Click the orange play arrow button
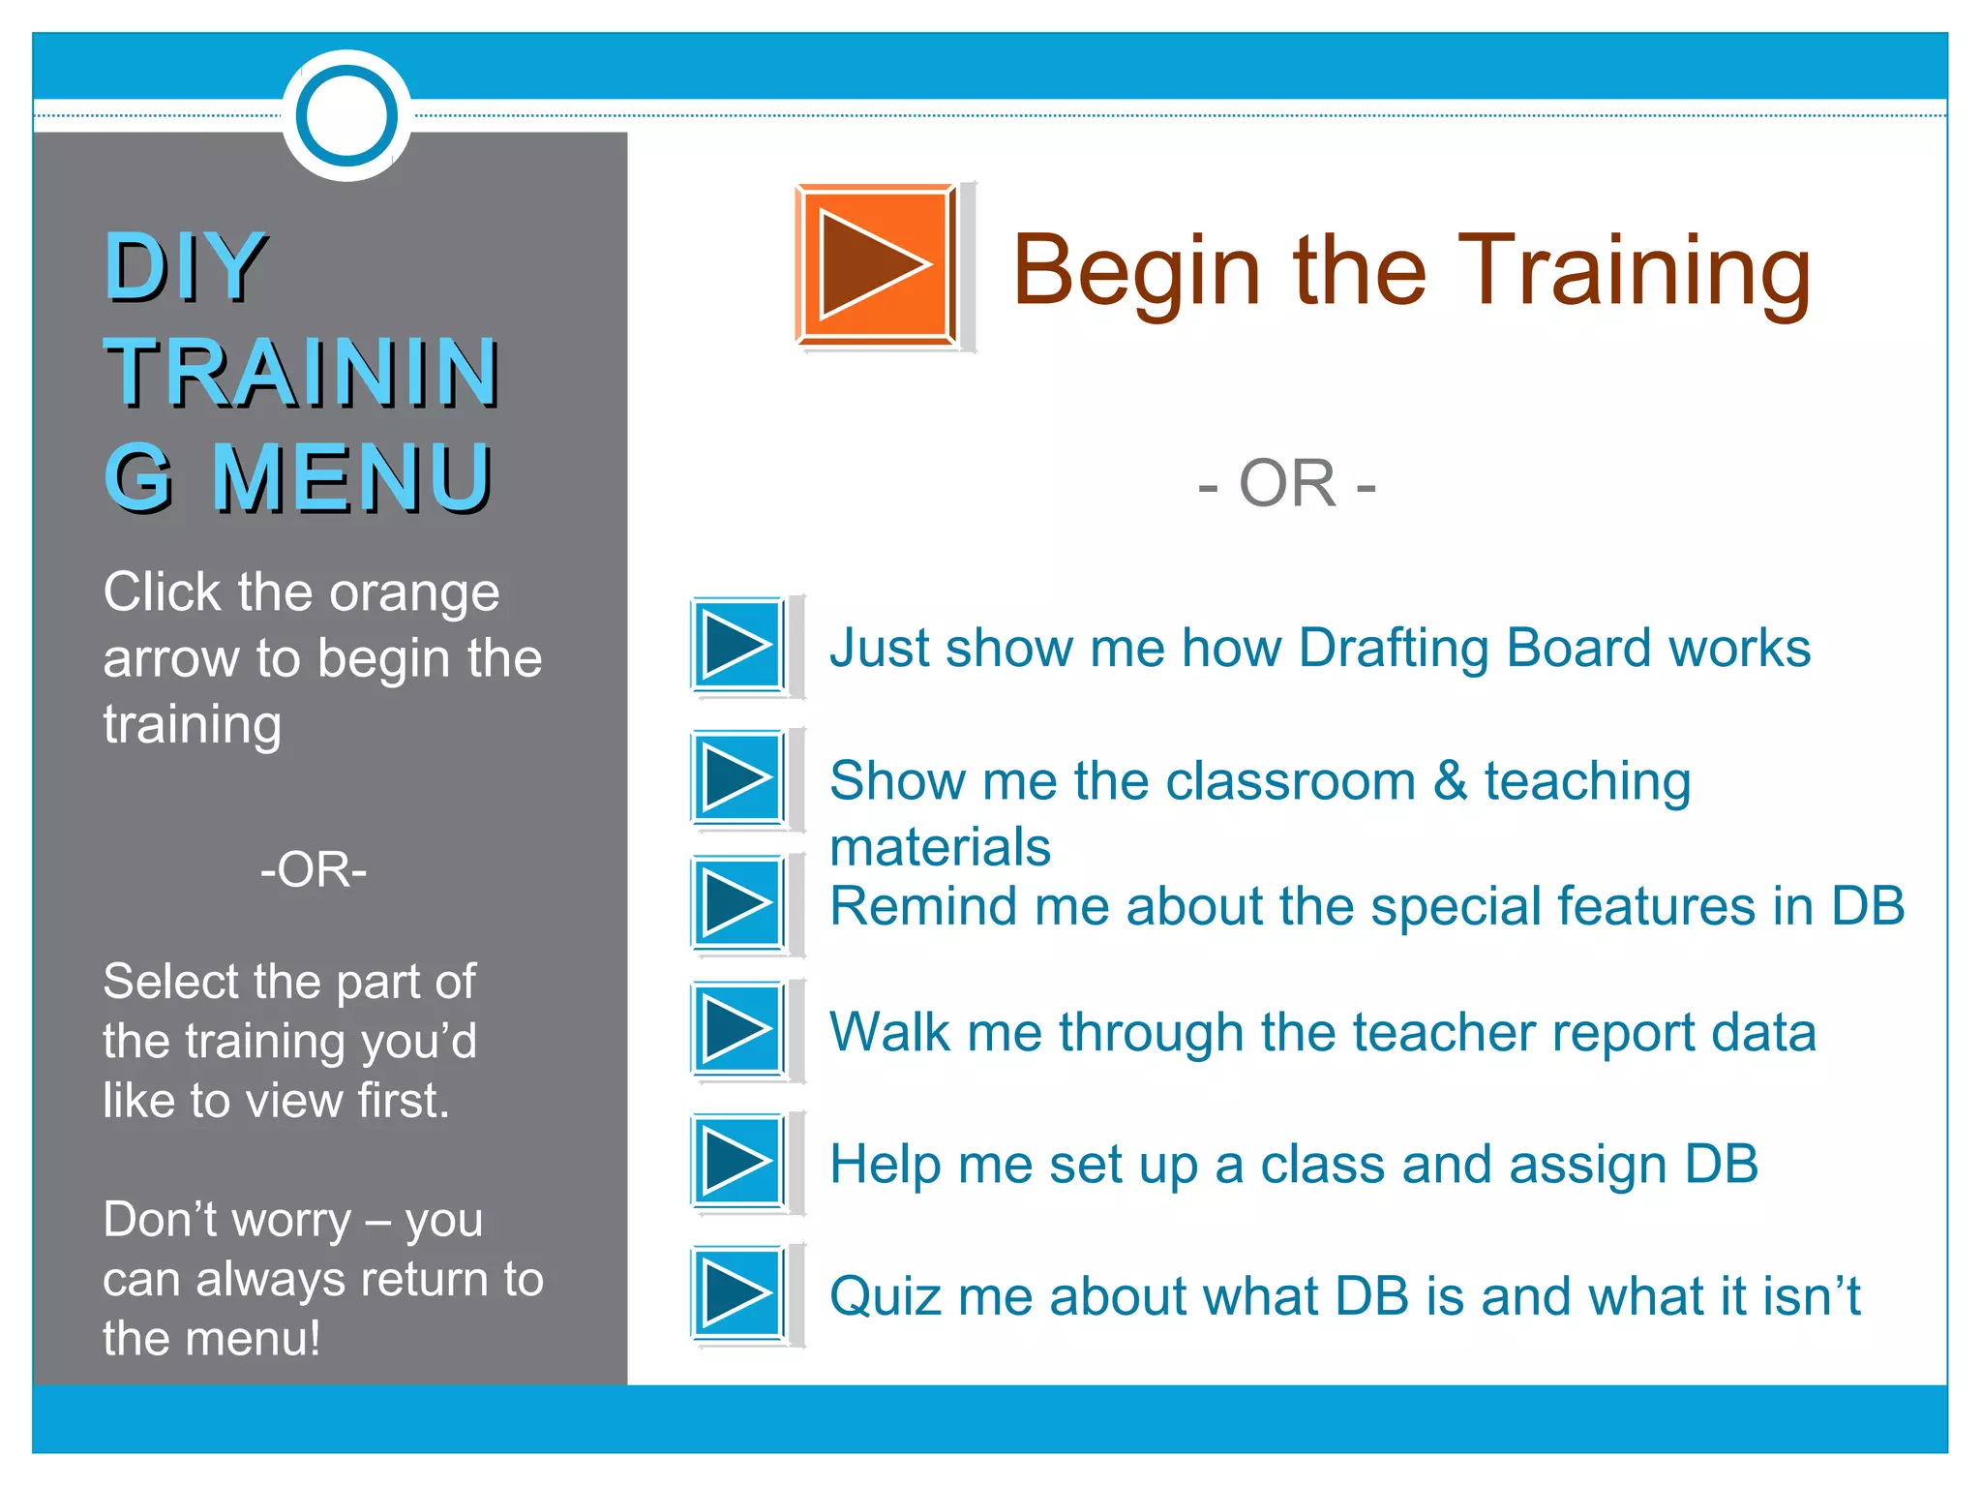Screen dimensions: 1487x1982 [x=876, y=264]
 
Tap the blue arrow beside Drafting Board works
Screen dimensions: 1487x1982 [x=738, y=646]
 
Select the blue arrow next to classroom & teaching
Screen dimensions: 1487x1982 [x=738, y=777]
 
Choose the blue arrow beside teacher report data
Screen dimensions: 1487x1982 [x=738, y=1029]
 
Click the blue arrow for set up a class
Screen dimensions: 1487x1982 [x=738, y=1161]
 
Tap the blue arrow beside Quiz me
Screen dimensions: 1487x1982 [x=738, y=1293]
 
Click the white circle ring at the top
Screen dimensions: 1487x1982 [x=346, y=115]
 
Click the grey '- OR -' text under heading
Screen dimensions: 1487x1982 [x=1287, y=483]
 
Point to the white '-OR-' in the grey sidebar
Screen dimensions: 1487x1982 [x=314, y=869]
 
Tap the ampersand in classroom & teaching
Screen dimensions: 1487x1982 [x=1450, y=780]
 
